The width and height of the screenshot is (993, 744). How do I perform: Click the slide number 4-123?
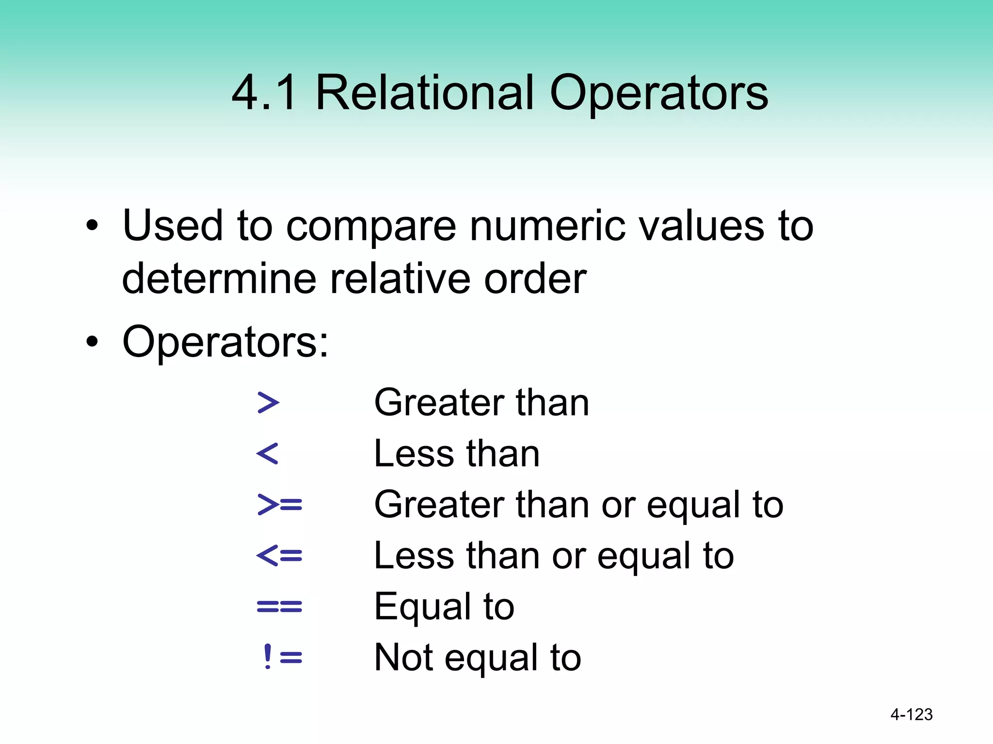tap(911, 714)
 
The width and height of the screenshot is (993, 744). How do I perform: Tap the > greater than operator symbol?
tap(268, 403)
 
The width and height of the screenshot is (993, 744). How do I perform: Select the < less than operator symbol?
tap(268, 454)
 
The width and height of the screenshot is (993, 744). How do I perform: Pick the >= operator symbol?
tap(280, 504)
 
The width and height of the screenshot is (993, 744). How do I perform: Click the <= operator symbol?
tap(279, 556)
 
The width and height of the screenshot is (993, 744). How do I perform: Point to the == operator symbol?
tap(279, 606)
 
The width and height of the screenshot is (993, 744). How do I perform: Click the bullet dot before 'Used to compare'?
tap(92, 226)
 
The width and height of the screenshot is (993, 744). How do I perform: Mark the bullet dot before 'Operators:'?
tap(92, 342)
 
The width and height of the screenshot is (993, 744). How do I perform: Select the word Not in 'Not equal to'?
tap(403, 657)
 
